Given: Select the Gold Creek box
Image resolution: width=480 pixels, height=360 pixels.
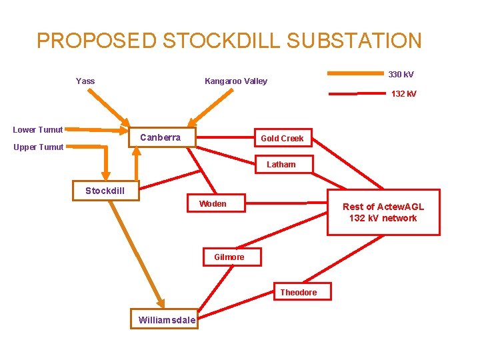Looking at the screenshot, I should coord(282,139).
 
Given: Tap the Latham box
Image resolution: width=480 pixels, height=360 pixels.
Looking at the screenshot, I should coord(281,164).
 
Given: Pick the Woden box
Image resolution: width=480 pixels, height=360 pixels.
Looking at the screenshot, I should coord(213,204).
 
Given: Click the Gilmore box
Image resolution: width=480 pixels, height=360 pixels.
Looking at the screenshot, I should coord(229,257).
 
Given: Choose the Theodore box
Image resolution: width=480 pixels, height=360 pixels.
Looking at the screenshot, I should coord(298,292).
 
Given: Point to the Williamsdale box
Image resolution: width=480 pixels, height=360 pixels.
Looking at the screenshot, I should coord(167,320).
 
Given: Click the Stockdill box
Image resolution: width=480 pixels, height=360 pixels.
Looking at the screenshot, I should coord(105,191).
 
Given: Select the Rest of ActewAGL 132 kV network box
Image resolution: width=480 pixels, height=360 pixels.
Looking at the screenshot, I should coord(383,213).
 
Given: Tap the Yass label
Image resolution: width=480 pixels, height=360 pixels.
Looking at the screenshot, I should coord(85,81).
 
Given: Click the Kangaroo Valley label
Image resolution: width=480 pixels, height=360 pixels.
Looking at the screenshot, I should coord(236,81).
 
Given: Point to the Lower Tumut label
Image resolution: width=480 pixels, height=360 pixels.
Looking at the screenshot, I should coord(38,130).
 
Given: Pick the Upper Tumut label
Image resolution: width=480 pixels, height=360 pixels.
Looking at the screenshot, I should coord(38,147).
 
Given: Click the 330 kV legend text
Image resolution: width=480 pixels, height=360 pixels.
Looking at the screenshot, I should coord(401,74).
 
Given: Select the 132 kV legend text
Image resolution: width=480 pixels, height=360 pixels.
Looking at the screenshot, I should coord(404,94).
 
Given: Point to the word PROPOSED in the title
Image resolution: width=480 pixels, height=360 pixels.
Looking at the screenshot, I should coord(97,41).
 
